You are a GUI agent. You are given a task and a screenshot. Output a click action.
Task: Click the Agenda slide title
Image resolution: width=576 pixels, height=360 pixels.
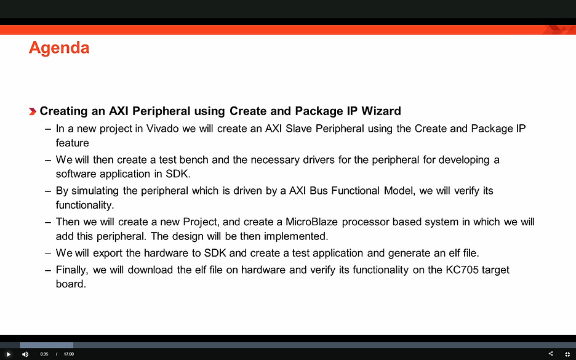click(59, 48)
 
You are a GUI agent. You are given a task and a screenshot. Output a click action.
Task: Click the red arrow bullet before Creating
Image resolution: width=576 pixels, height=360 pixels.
click(33, 111)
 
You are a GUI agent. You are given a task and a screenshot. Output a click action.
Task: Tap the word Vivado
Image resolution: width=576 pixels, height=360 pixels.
click(162, 129)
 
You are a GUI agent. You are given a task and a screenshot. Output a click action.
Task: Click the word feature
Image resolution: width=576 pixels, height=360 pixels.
click(73, 143)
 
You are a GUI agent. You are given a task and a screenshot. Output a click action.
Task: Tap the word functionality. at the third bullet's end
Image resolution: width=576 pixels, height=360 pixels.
click(85, 204)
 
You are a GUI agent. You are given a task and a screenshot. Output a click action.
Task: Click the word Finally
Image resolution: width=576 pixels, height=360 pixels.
click(72, 270)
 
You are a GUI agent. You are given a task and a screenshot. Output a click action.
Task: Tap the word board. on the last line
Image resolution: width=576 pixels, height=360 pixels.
click(71, 284)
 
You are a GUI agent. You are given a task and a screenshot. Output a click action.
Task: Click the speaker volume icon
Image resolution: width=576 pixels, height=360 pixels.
click(25, 354)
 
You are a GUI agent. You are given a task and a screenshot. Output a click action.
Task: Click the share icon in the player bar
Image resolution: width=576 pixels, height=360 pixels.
click(550, 354)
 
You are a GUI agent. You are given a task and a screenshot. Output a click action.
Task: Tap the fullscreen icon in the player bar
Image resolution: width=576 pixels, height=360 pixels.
click(567, 354)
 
